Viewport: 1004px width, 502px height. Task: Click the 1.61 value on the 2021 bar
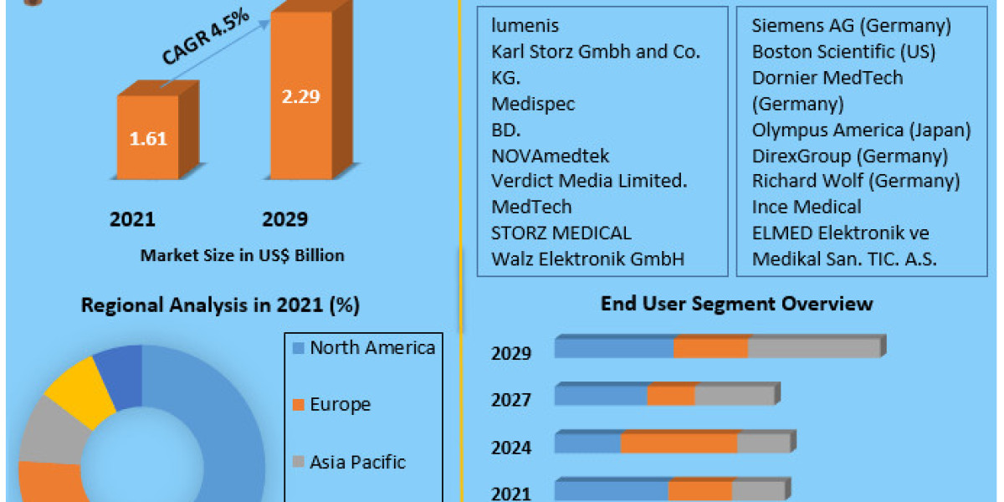pos(148,138)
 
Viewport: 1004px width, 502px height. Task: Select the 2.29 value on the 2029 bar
pos(299,96)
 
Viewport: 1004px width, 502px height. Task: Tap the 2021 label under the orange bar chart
pos(132,219)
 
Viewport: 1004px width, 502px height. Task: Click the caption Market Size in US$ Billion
pos(242,255)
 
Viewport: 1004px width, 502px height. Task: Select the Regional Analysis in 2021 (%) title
pos(220,305)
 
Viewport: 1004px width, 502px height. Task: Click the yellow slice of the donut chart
pos(79,386)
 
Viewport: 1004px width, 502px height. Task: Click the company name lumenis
pos(525,26)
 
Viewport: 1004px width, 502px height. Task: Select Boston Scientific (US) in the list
pos(843,52)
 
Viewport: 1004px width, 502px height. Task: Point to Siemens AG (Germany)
pos(852,26)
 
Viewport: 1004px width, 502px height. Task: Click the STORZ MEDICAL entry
pos(561,233)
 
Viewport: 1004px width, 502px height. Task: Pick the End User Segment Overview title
pos(736,303)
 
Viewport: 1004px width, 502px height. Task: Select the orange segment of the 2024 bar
pos(679,443)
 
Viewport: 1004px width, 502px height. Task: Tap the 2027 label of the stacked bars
pos(510,400)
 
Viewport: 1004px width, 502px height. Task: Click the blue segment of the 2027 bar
pos(601,396)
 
